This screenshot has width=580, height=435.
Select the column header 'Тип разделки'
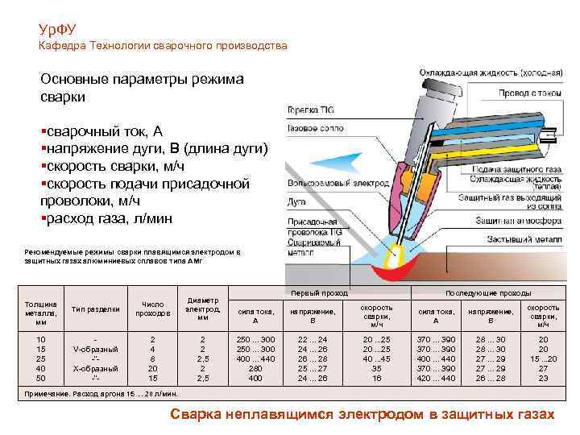click(x=96, y=309)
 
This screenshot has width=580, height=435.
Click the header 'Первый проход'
click(x=308, y=293)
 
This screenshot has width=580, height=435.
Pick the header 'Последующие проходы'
click(x=486, y=293)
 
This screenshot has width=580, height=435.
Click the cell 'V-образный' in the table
click(x=96, y=349)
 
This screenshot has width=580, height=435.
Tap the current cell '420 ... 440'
click(x=436, y=377)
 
